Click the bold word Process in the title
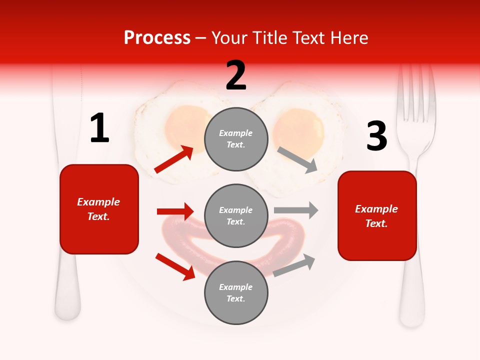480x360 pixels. (157, 37)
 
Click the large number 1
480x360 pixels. (99, 128)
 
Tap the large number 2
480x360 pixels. (236, 75)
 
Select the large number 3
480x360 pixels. (376, 137)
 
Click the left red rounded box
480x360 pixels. (99, 209)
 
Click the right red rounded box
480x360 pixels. (377, 215)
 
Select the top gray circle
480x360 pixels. (236, 139)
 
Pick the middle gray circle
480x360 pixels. (236, 215)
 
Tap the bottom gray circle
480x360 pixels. (236, 292)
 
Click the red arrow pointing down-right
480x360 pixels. (175, 266)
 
